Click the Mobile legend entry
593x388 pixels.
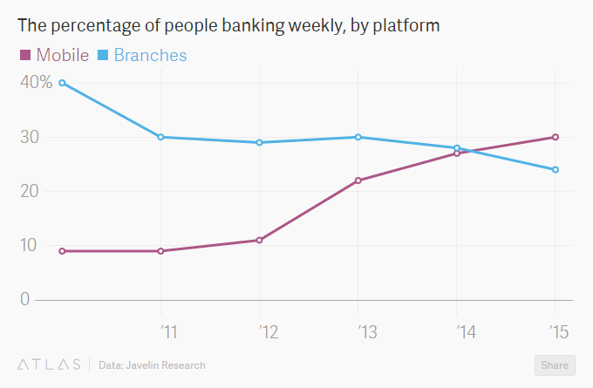(54, 55)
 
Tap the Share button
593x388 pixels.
(553, 365)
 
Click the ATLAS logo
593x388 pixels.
(48, 364)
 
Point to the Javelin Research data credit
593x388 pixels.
(153, 364)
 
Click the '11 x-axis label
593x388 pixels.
(168, 331)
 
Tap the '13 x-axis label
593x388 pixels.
(366, 331)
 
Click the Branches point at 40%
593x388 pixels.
(62, 83)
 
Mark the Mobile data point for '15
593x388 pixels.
(556, 137)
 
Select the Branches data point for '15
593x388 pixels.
(556, 169)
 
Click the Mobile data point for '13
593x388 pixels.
(358, 180)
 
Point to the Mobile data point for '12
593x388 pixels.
(260, 240)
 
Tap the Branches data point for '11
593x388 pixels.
(160, 137)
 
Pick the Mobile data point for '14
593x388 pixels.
(457, 153)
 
